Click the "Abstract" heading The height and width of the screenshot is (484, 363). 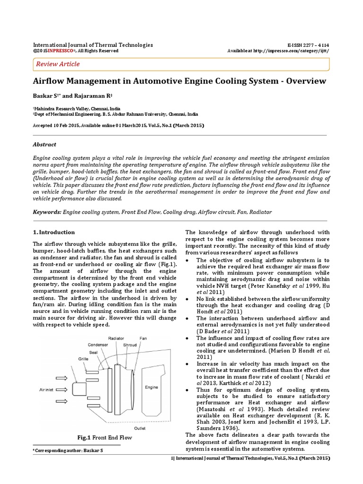tap(44, 145)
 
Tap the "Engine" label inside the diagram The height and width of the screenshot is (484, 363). tap(151, 387)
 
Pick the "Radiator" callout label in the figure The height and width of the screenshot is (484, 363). tap(116, 338)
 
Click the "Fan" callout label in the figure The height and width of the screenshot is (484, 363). tap(143, 338)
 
